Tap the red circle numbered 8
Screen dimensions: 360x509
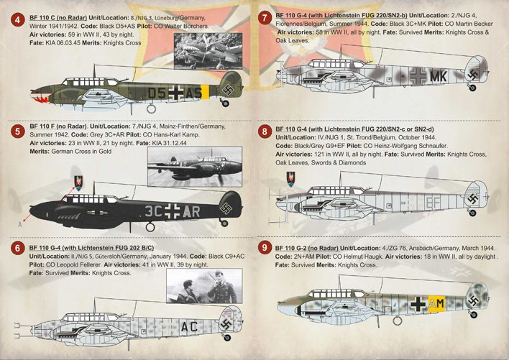tap(266, 132)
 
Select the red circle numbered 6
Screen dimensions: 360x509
tap(16, 249)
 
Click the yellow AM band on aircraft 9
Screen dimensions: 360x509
tap(436, 305)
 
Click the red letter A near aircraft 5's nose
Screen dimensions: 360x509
tap(19, 223)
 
